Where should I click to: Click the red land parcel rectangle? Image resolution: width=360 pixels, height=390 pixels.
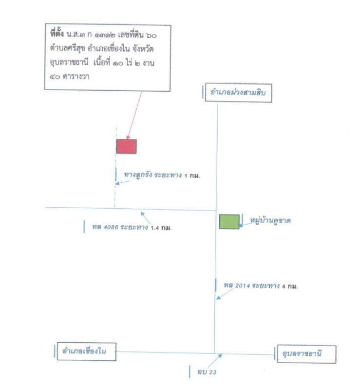click(x=126, y=146)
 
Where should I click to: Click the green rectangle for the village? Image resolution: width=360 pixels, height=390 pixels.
click(x=229, y=221)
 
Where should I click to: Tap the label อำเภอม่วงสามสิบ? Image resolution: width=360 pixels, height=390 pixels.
click(x=238, y=93)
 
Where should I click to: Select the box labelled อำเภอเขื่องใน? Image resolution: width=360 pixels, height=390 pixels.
click(x=86, y=351)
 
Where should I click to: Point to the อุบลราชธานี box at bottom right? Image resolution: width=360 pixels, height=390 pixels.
click(x=306, y=354)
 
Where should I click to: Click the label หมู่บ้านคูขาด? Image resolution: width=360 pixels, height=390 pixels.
click(x=270, y=221)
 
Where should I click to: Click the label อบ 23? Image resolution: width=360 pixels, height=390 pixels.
click(x=207, y=372)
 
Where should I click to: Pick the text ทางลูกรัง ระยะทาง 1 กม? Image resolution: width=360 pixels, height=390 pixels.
click(x=162, y=175)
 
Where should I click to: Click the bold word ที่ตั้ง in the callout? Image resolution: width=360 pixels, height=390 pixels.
click(x=57, y=34)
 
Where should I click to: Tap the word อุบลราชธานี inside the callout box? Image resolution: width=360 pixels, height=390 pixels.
click(x=69, y=62)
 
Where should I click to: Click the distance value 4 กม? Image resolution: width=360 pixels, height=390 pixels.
click(x=290, y=286)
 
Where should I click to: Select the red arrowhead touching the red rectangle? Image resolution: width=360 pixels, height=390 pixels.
click(x=128, y=137)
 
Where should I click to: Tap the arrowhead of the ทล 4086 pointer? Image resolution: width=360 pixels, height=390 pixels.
click(x=142, y=214)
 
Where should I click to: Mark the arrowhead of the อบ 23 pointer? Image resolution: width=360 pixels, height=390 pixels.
click(x=220, y=356)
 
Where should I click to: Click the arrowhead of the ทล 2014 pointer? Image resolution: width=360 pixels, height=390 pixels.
click(x=218, y=297)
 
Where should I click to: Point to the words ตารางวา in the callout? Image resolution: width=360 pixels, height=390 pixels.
click(x=76, y=77)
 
